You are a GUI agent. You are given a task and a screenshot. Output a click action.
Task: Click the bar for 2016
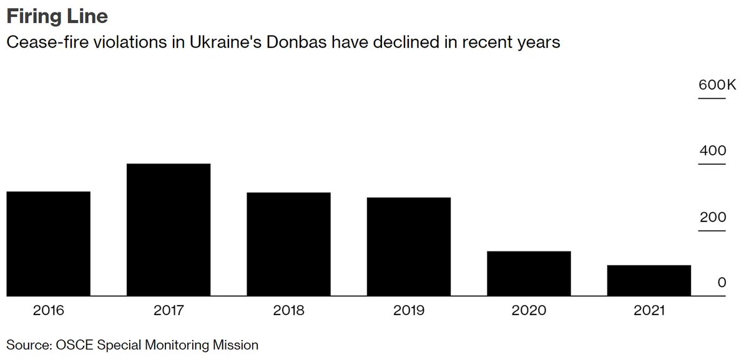(x=49, y=244)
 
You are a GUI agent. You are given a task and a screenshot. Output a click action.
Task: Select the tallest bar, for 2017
(x=169, y=230)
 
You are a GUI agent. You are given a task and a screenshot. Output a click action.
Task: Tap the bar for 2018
(x=288, y=244)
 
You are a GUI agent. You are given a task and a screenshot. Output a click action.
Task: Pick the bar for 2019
(x=409, y=246)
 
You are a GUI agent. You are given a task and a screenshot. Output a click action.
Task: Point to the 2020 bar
(x=529, y=273)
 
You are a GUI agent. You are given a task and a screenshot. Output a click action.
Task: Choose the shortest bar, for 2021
(x=649, y=280)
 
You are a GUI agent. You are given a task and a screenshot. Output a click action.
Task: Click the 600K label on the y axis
(x=717, y=85)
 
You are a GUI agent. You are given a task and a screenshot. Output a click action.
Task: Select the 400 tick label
(x=713, y=151)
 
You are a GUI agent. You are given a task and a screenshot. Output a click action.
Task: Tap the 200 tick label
(x=713, y=217)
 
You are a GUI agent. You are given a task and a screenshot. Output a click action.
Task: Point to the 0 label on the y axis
(x=722, y=283)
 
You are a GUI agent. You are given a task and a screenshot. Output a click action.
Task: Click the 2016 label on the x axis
(x=49, y=311)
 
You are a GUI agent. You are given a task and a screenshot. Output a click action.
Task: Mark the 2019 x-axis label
(x=409, y=311)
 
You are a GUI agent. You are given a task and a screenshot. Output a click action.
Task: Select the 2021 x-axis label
(x=649, y=311)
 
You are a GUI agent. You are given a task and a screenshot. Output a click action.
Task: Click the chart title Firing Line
(x=57, y=16)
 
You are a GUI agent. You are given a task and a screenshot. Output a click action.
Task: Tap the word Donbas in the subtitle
(x=296, y=42)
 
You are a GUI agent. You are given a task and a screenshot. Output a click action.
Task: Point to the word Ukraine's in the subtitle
(x=226, y=42)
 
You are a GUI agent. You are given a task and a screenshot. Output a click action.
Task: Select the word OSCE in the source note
(x=74, y=345)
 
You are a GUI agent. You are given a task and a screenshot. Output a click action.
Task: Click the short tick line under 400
(x=712, y=164)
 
